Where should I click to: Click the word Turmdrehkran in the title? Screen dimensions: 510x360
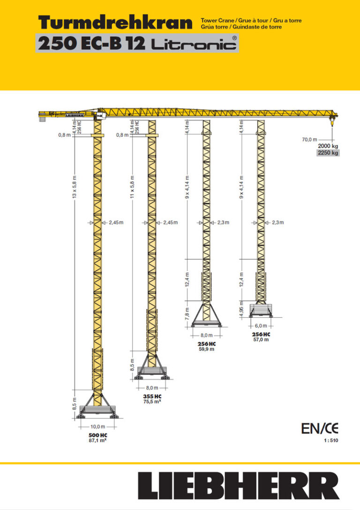point(115,22)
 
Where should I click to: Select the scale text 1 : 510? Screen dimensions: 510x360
point(330,441)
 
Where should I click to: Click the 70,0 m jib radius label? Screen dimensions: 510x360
point(309,139)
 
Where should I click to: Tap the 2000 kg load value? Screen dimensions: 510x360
point(328,146)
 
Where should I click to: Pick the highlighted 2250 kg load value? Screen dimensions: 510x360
point(328,153)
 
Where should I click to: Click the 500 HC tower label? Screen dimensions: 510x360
point(97,435)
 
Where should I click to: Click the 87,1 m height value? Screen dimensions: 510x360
point(97,441)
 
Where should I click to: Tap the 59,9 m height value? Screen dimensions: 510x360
point(206,349)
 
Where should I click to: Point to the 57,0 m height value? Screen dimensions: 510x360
point(261,339)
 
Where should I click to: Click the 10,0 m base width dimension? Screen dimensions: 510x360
point(97,427)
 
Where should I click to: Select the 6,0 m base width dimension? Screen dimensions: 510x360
point(261,326)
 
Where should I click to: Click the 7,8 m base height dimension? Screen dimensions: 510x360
point(187,312)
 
